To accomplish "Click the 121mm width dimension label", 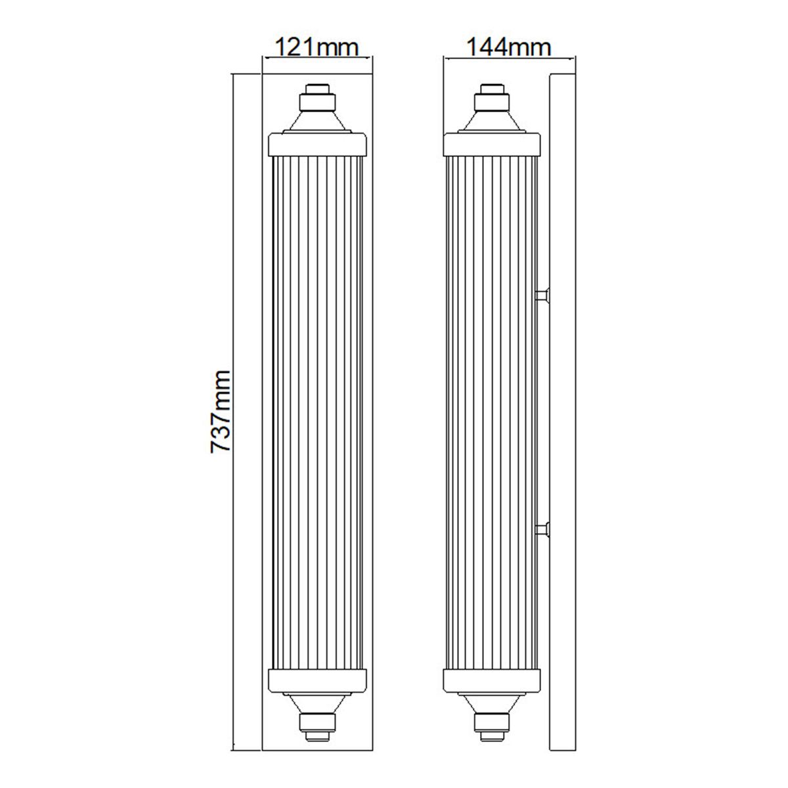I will pyautogui.click(x=317, y=47).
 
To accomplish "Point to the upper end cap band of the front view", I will pyautogui.click(x=317, y=143).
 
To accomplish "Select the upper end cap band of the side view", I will pyautogui.click(x=492, y=143).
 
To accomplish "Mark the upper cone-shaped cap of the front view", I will pyautogui.click(x=317, y=121).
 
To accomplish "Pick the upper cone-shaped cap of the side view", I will pyautogui.click(x=492, y=121).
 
